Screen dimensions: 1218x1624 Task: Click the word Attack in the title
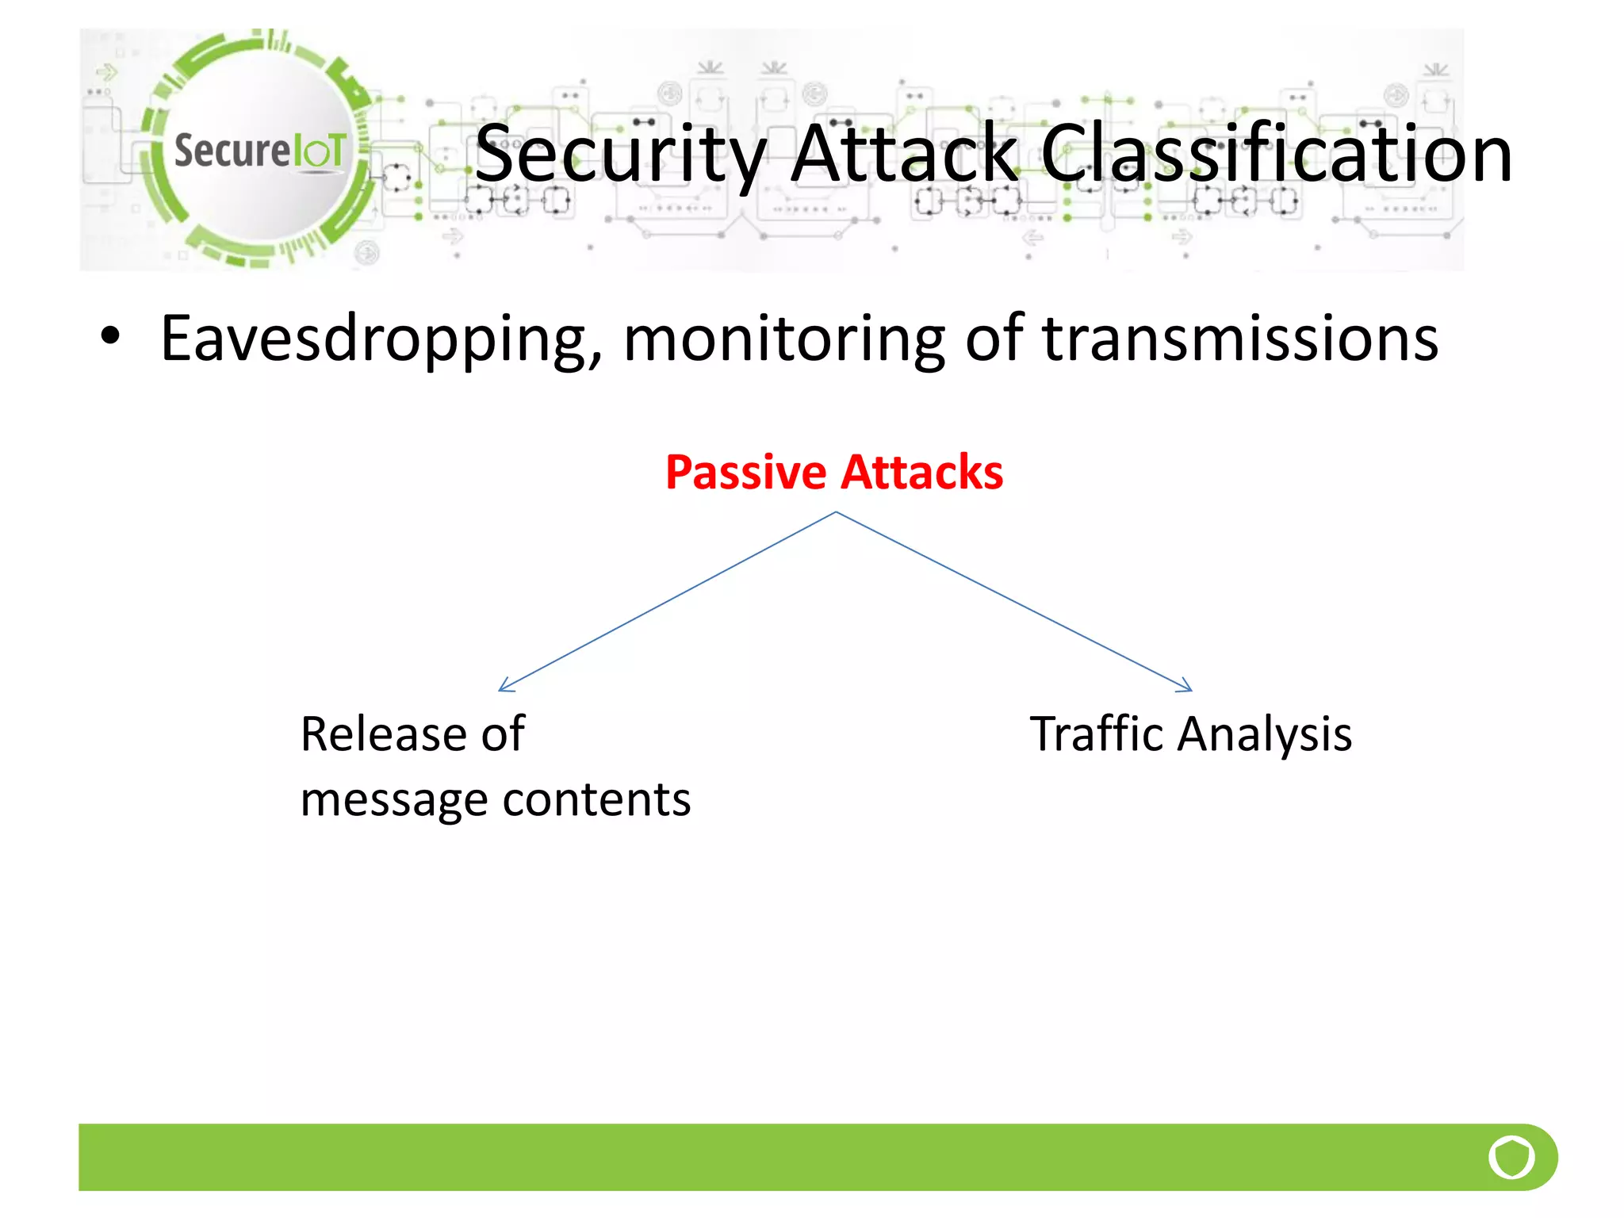(x=904, y=154)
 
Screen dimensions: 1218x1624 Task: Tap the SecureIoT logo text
(x=259, y=150)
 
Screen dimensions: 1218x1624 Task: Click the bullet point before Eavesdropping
(x=110, y=336)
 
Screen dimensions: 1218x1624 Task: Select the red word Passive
(x=745, y=473)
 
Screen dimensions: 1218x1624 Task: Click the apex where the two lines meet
(x=835, y=513)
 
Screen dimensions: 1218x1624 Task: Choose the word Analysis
(x=1264, y=735)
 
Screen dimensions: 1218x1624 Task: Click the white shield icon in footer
(x=1511, y=1157)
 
